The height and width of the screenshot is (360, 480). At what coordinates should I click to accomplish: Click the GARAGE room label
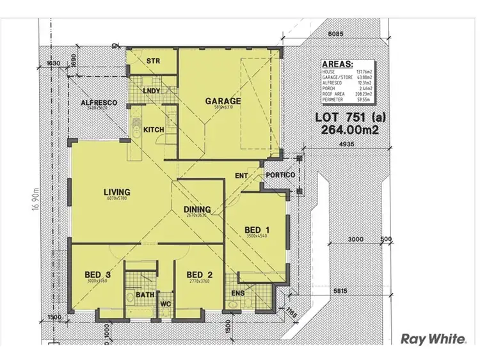point(223,101)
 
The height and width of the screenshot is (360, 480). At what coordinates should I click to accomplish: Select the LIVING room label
point(118,191)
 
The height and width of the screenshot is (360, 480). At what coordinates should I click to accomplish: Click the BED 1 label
point(257,230)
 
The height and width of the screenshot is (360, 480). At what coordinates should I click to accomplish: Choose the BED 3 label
point(98,275)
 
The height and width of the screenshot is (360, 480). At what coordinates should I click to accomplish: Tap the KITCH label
point(154,130)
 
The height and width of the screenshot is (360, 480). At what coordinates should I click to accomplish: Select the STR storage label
point(152,61)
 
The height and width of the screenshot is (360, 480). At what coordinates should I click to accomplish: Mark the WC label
point(164,304)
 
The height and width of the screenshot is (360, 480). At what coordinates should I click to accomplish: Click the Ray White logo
point(433,338)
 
